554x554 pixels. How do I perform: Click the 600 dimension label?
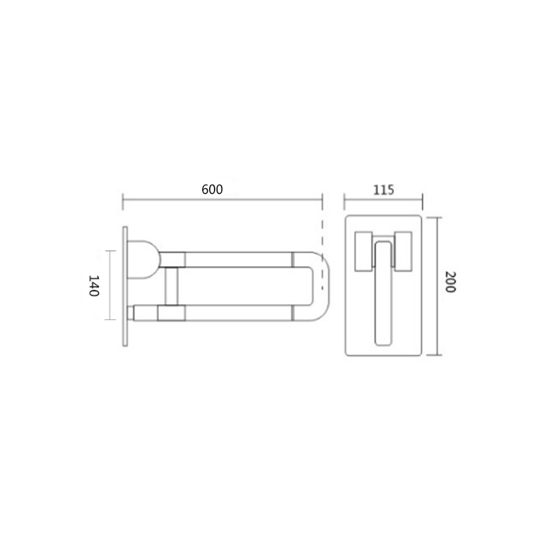[x=212, y=190]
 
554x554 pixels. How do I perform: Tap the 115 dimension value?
[x=384, y=190]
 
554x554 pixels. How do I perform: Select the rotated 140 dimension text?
[x=93, y=285]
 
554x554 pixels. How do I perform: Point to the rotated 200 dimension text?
[x=450, y=282]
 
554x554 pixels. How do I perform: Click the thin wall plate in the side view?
[x=125, y=286]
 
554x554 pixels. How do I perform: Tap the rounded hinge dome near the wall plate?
[x=144, y=260]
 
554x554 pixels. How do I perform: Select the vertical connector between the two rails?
[x=172, y=286]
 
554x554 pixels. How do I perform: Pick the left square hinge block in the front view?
[x=364, y=251]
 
